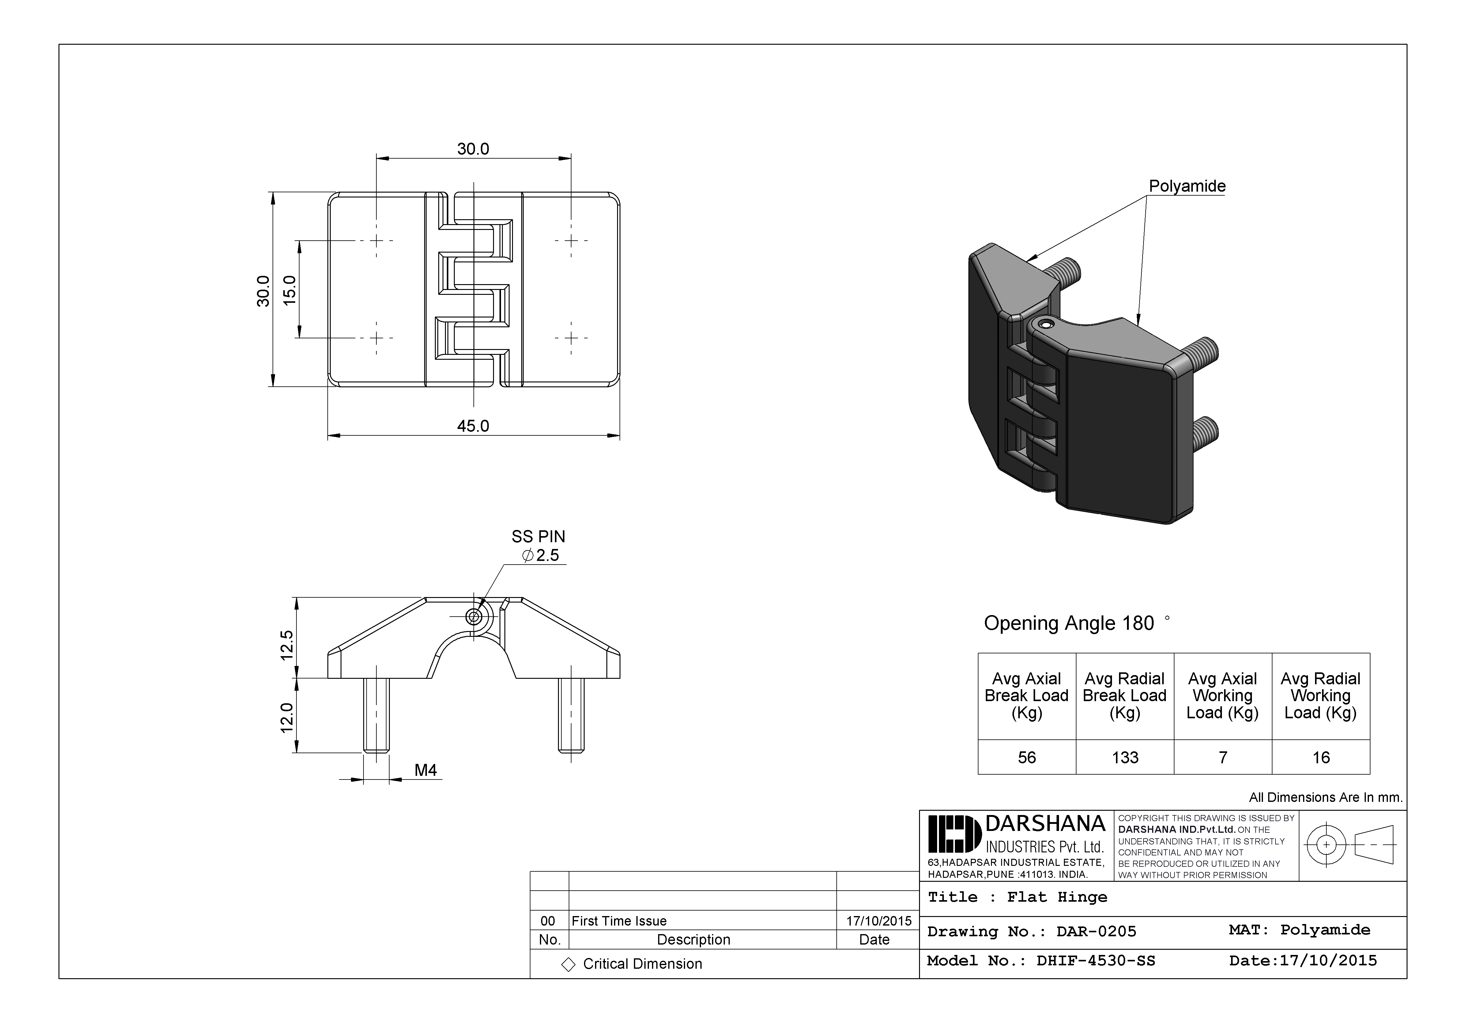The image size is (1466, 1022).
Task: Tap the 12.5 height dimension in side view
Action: [287, 645]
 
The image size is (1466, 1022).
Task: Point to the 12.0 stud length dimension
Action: [287, 717]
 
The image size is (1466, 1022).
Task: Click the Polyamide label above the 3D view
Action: [1187, 186]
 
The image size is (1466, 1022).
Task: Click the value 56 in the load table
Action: [1027, 758]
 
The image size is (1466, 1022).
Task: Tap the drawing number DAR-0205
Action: [1096, 931]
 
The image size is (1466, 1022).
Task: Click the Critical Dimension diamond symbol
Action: [568, 964]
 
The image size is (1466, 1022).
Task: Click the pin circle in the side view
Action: [474, 617]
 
